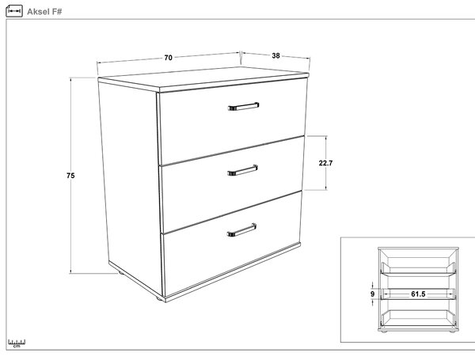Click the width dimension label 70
coord(168,58)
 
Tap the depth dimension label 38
coord(275,55)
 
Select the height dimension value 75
coord(70,176)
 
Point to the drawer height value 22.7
coord(325,163)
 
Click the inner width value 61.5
coord(418,294)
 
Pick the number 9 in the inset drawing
coord(372,294)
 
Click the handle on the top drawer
coord(244,106)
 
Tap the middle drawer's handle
coord(243,170)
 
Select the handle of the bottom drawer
coord(241,229)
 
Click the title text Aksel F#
coord(44,12)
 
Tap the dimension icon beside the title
coord(14,11)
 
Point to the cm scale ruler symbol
coord(17,343)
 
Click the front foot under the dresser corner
coord(159,299)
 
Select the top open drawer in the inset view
coord(418,268)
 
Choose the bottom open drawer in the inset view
coord(418,318)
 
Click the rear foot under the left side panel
coord(121,273)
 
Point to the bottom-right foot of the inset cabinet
coord(453,332)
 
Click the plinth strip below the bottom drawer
coord(233,270)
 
